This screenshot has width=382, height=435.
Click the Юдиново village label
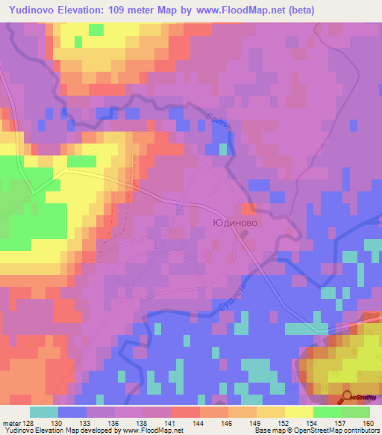point(235,223)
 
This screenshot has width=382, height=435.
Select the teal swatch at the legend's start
point(44,413)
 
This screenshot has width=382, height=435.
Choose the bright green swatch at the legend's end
point(355,413)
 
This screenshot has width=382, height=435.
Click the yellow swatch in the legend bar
point(298,413)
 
